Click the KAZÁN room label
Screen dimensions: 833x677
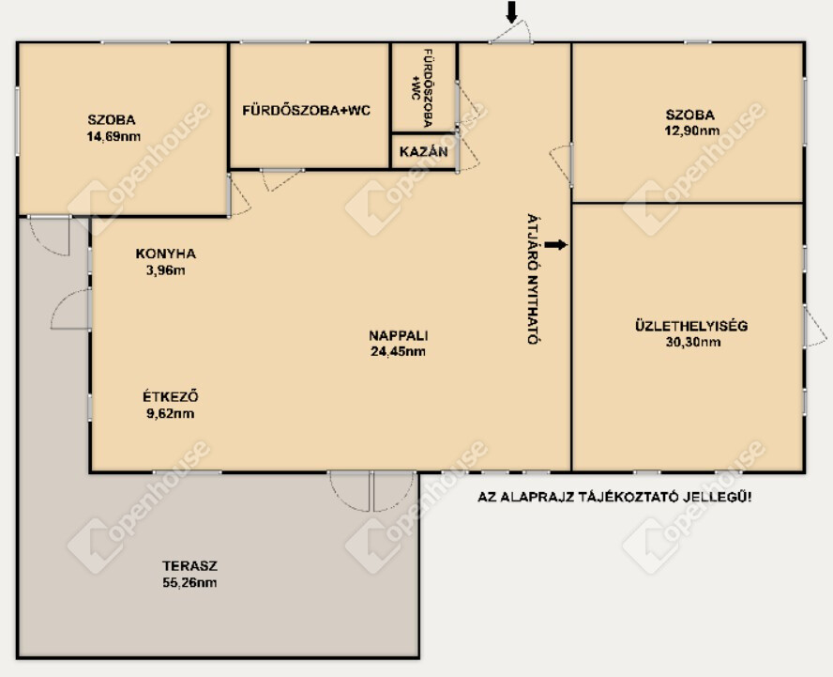click(423, 151)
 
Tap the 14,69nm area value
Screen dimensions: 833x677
click(114, 137)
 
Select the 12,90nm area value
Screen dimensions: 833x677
click(692, 131)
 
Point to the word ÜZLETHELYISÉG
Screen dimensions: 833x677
click(691, 326)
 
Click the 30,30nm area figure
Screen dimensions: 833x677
click(692, 342)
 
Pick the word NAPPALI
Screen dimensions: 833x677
click(399, 335)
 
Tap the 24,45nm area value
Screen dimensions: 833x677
click(398, 351)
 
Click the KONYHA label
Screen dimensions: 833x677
click(166, 254)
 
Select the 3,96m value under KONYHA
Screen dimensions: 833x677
click(166, 270)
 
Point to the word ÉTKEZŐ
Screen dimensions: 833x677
click(171, 397)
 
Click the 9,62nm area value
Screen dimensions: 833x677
click(171, 413)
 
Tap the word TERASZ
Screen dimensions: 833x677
click(190, 566)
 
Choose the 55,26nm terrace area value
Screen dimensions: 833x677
click(189, 582)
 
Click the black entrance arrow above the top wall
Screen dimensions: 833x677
click(511, 12)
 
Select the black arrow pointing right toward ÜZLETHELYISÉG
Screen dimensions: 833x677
click(556, 245)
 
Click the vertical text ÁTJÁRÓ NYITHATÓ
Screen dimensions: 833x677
click(533, 279)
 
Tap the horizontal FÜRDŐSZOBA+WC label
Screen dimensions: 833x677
click(307, 111)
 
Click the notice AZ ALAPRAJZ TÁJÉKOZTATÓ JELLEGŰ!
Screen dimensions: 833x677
click(614, 498)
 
